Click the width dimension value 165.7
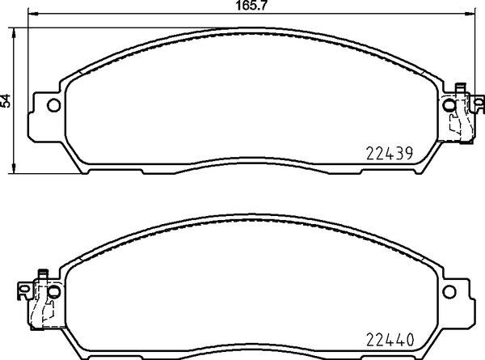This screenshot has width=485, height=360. click(x=242, y=6)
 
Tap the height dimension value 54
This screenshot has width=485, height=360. click(x=6, y=100)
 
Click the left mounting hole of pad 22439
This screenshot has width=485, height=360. click(x=53, y=104)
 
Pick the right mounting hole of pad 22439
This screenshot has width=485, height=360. click(x=449, y=104)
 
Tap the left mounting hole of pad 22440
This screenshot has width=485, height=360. click(x=53, y=290)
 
